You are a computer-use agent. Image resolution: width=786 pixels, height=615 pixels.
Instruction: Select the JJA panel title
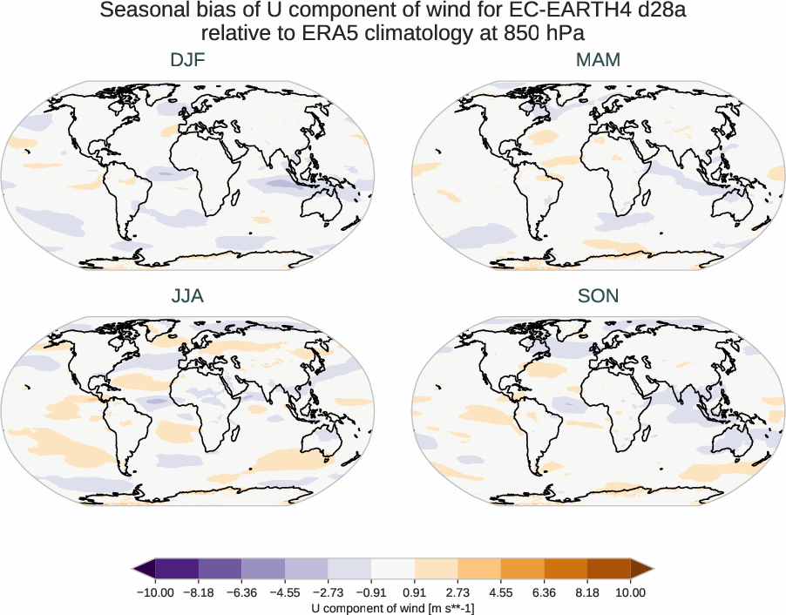(x=187, y=296)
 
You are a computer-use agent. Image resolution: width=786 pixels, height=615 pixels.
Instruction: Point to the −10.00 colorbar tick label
(x=155, y=592)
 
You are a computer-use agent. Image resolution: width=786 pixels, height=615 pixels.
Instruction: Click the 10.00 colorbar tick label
(x=631, y=592)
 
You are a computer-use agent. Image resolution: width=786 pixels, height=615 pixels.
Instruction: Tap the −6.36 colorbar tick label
(x=241, y=592)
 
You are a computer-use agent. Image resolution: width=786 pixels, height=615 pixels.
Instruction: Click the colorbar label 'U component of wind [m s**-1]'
(x=393, y=608)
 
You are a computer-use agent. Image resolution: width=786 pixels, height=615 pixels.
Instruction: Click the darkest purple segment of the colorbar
(x=177, y=570)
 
